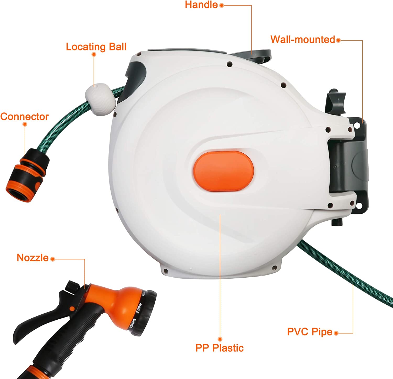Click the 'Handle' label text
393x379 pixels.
click(201, 5)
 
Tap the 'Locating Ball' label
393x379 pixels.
click(96, 47)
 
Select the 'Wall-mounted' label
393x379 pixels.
click(303, 39)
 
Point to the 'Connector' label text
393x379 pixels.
click(24, 117)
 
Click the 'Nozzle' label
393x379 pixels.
click(32, 258)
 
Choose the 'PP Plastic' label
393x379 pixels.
click(220, 348)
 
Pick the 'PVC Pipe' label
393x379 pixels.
click(310, 332)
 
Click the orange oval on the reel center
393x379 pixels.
click(223, 171)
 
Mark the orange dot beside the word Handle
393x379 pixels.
click(222, 5)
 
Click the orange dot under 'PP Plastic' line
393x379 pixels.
click(220, 339)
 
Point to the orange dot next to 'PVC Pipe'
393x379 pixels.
click(336, 333)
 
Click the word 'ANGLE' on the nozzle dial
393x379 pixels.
click(138, 308)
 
